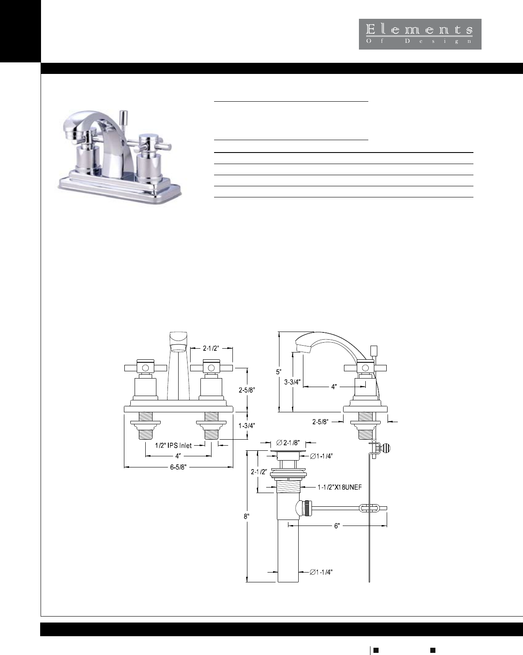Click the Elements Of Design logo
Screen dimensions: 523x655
420,34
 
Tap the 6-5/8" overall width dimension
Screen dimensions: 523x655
178,467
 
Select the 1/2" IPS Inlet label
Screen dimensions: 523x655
173,446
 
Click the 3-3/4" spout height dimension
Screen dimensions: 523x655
292,382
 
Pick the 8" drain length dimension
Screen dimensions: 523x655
247,516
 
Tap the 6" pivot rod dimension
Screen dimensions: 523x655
337,526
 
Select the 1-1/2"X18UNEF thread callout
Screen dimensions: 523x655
340,487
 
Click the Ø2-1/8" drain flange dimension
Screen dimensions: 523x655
288,443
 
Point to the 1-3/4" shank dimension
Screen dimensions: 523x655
247,426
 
